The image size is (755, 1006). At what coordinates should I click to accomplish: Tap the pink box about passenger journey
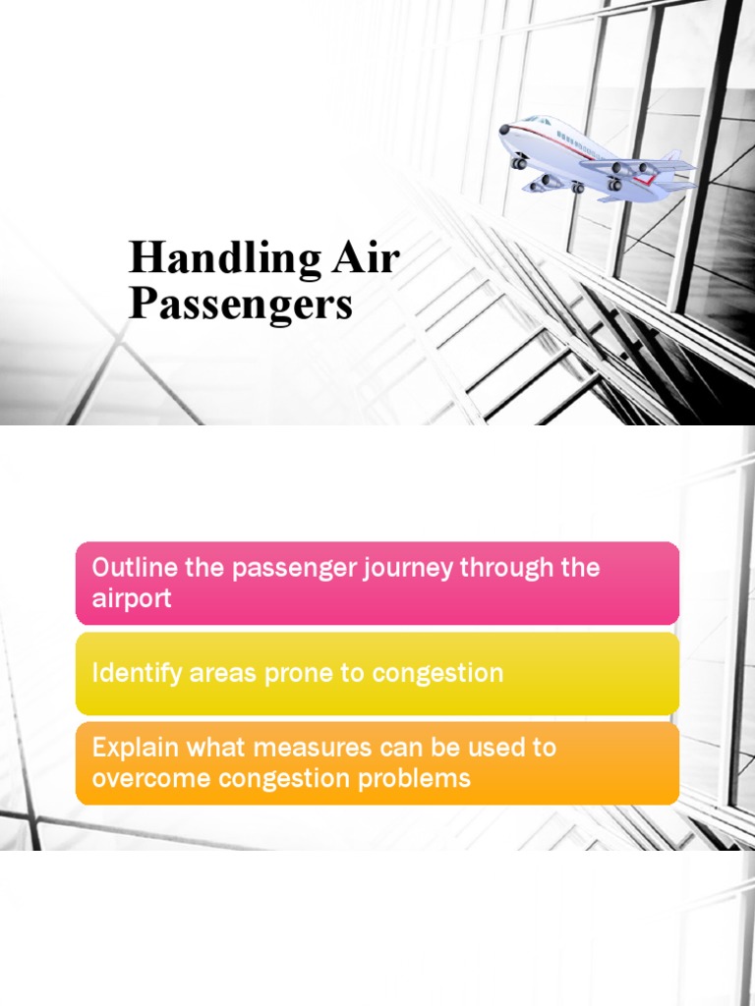click(377, 583)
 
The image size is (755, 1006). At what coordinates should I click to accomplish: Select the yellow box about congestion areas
click(377, 673)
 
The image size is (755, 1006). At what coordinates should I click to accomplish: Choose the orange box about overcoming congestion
click(377, 763)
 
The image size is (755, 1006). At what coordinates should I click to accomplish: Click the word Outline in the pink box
click(128, 568)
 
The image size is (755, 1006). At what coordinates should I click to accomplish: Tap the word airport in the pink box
click(132, 598)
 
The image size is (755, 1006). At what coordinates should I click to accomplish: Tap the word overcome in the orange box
click(138, 779)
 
